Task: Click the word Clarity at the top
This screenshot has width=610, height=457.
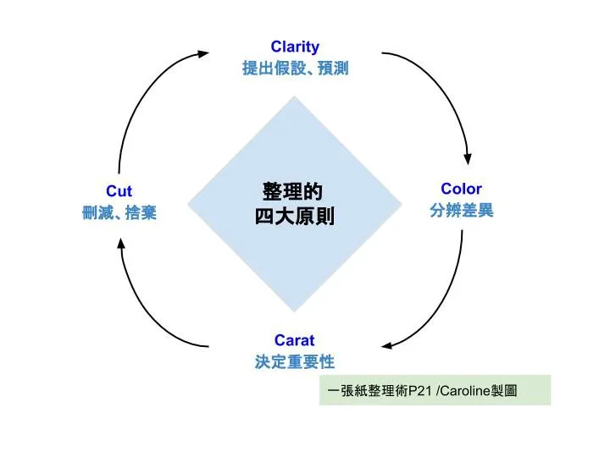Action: pos(295,47)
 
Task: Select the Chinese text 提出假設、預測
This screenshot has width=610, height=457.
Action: pos(295,69)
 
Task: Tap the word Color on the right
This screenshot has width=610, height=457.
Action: pos(461,189)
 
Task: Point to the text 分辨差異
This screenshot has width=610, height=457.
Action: pos(461,211)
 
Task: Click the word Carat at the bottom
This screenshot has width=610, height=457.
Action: pos(294,340)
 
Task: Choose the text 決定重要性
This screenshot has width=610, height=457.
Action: pos(295,362)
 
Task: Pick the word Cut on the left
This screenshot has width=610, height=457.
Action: pos(119,191)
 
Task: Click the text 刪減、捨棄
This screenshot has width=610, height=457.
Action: pos(119,213)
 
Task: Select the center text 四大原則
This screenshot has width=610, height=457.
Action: pos(295,217)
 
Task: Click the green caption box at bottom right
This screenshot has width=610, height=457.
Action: pos(435,390)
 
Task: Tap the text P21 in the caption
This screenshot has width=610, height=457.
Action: pos(421,390)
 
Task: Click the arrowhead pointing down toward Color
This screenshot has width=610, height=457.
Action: pos(467,159)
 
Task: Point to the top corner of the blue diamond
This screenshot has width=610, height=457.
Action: pos(294,98)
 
